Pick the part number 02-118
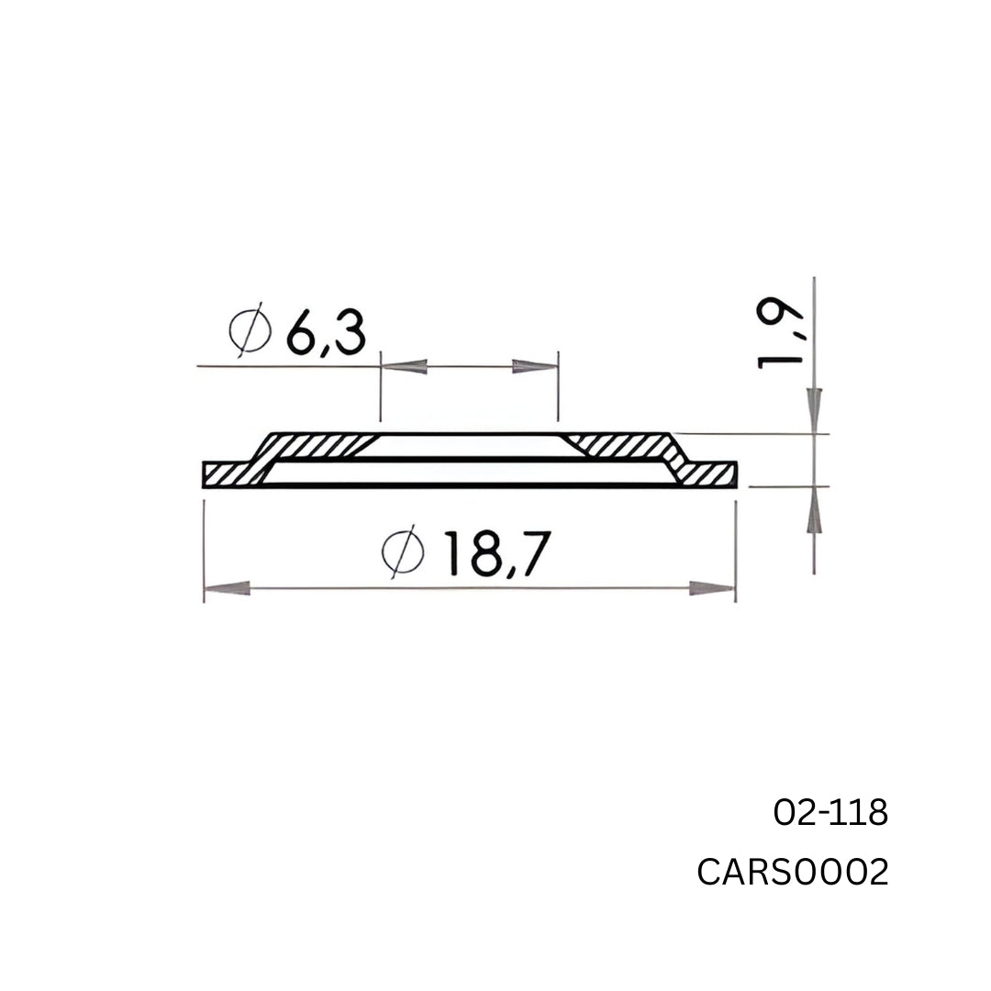(830, 812)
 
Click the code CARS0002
(793, 873)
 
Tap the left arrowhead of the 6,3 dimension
(404, 367)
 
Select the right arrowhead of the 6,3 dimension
(535, 367)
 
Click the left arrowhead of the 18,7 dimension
(226, 588)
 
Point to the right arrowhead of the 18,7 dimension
(713, 588)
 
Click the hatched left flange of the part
(229, 474)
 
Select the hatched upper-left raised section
(312, 445)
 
